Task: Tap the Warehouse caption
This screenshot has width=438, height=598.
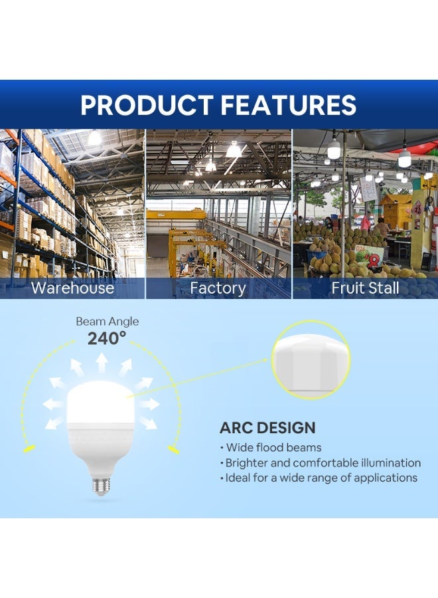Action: [x=72, y=288]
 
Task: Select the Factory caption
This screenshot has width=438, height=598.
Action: [x=218, y=288]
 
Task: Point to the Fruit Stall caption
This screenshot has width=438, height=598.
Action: [x=365, y=288]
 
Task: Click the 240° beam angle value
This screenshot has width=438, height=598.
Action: [x=107, y=338]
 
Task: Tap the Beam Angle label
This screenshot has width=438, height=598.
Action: [x=107, y=322]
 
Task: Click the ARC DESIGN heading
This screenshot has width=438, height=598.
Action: [x=267, y=428]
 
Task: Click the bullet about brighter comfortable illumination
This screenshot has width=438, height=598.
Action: [x=323, y=462]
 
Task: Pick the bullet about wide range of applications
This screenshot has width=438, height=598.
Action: [x=321, y=478]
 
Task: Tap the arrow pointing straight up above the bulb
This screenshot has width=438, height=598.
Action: [x=102, y=363]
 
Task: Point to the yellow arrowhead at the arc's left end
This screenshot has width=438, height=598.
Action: [x=28, y=450]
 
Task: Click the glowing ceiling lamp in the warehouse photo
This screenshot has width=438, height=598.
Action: [x=94, y=138]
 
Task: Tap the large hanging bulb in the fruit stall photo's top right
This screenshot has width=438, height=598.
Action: [x=404, y=158]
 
